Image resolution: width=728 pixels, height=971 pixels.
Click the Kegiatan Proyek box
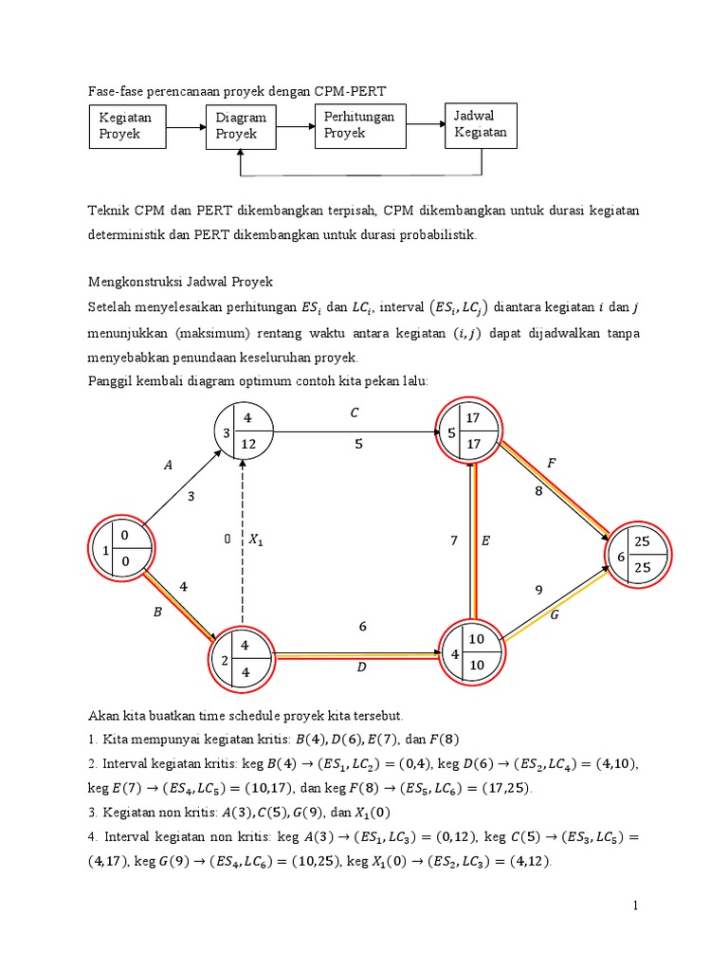click(x=129, y=126)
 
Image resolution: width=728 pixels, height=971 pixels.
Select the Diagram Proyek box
click(x=243, y=126)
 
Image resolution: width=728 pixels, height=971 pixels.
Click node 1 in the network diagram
click(x=120, y=549)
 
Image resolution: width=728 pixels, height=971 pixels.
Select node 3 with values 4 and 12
click(x=243, y=431)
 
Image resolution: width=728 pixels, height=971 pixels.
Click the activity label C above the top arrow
click(x=354, y=412)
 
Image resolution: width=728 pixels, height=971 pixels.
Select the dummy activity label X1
click(x=256, y=540)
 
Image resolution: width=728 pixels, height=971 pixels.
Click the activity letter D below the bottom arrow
click(x=361, y=669)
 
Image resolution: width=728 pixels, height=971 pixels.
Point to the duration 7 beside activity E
click(x=455, y=540)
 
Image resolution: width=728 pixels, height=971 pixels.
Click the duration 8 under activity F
click(x=539, y=491)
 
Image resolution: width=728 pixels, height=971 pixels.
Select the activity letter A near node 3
click(x=169, y=466)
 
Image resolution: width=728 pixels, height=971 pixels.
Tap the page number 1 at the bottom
click(x=637, y=907)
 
